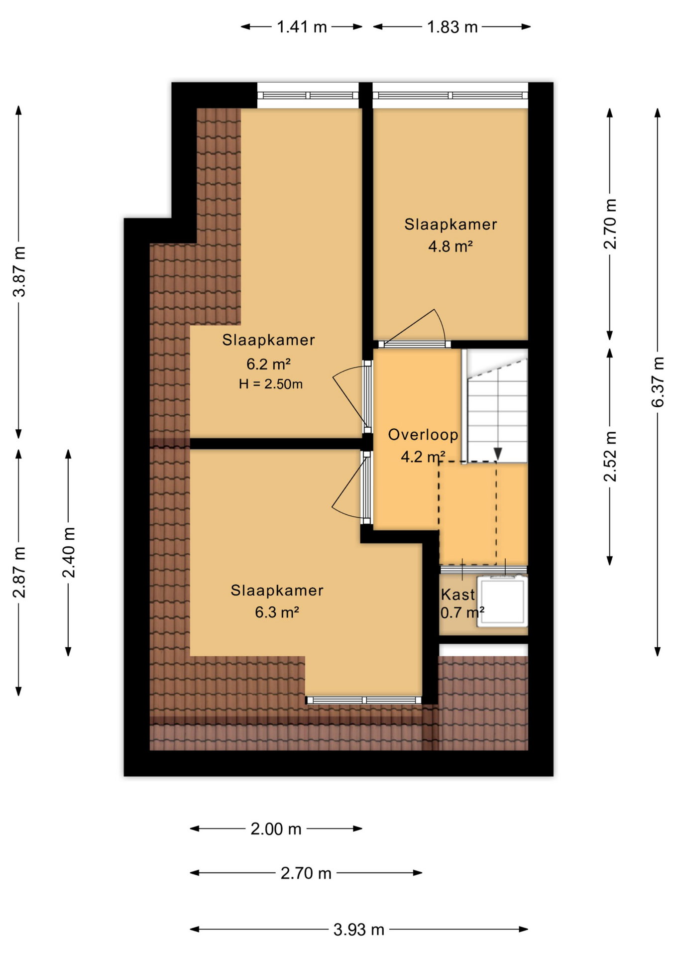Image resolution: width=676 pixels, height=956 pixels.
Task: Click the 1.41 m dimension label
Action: pos(302,27)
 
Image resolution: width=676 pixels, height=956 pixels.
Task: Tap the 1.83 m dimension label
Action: pos(452,27)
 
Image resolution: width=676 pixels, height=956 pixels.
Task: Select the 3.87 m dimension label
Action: pos(19,271)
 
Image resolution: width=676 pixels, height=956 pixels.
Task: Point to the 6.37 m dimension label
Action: pos(658,382)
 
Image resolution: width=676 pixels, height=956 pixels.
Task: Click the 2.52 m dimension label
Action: pos(610,457)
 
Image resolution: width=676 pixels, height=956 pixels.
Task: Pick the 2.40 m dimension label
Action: pos(69,552)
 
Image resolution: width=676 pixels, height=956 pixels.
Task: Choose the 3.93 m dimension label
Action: pos(358,930)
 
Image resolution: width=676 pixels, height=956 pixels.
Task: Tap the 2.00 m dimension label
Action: pos(276,829)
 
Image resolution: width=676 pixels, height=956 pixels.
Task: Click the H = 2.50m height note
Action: pos(270,384)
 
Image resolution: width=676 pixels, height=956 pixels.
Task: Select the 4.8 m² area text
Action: pos(450,246)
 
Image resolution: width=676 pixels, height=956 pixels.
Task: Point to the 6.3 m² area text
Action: pos(277,612)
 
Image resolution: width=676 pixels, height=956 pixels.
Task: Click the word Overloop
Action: pos(423,435)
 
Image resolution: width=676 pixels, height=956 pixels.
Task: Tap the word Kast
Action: pos(458,595)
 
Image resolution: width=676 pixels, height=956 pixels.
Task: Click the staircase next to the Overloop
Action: pos(497,406)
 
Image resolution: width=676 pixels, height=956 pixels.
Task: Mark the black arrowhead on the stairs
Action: pos(497,454)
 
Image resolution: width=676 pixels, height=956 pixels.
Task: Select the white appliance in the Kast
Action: pos(502,600)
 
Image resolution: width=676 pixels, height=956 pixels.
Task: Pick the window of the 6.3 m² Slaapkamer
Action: pos(363,700)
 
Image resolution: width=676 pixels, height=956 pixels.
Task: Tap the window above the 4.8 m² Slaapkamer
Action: pos(450,96)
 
